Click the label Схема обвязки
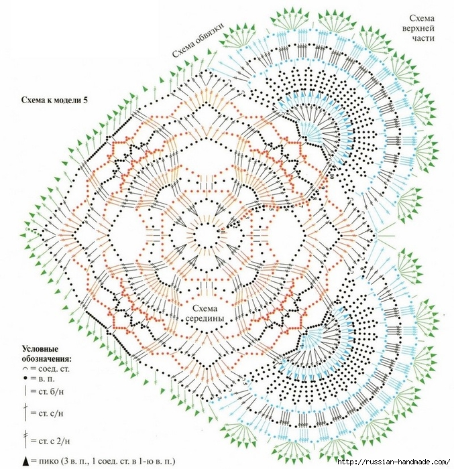click(198, 40)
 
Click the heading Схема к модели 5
click(55, 100)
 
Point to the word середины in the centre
click(205, 318)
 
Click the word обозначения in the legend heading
click(47, 358)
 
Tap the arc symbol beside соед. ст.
click(25, 369)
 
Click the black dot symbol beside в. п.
click(25, 379)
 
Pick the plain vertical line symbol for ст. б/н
click(25, 391)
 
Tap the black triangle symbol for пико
click(25, 461)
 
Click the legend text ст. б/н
click(51, 391)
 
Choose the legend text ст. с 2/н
click(54, 441)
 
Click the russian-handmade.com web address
click(393, 462)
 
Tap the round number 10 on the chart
click(331, 176)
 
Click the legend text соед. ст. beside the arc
click(54, 369)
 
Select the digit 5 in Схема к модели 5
click(86, 100)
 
